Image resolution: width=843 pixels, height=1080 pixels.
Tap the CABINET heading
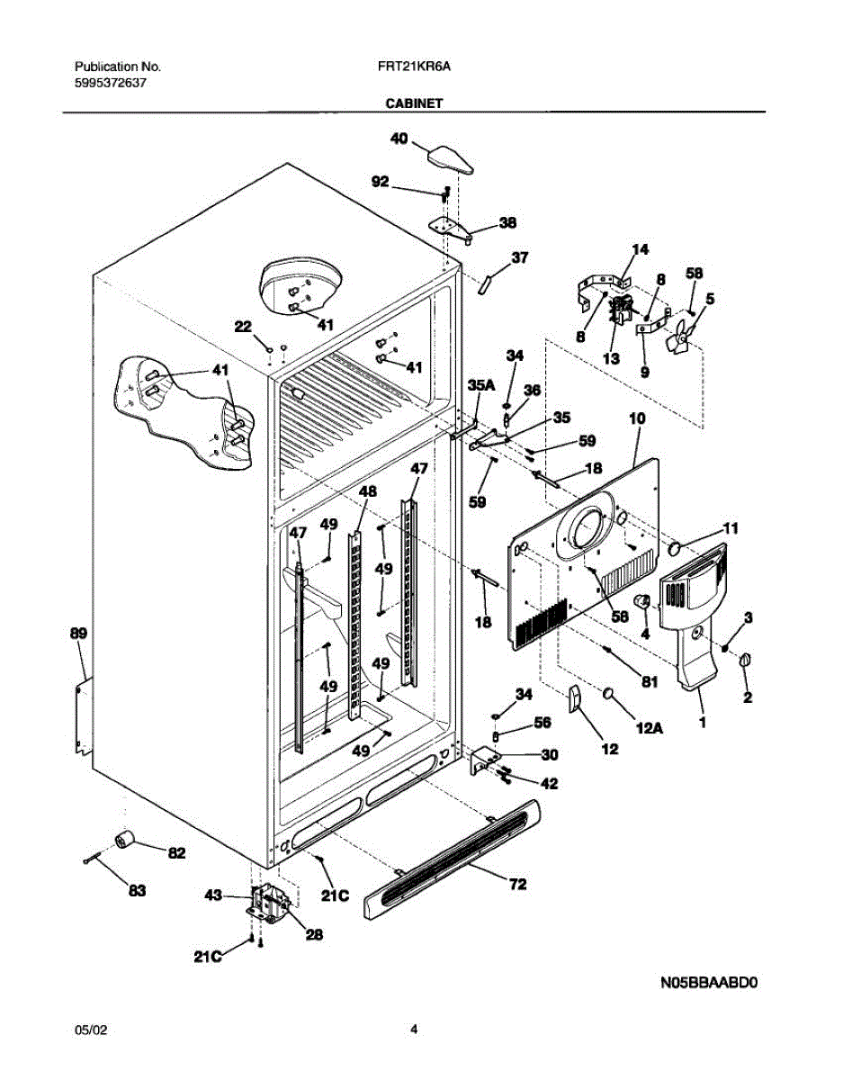(414, 103)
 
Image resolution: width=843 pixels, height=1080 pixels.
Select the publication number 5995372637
(111, 82)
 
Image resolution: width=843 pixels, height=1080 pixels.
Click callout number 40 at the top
(399, 139)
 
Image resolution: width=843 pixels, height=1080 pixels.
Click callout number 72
(517, 885)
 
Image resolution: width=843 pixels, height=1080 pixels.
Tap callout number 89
(78, 634)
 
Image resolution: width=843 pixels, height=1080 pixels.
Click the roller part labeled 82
(123, 841)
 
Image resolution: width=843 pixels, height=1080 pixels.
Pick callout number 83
(136, 891)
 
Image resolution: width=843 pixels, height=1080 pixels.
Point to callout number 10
(637, 419)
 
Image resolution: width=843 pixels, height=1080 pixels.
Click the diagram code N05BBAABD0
(711, 984)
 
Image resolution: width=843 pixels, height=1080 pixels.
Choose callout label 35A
(481, 384)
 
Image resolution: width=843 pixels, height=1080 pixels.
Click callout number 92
(380, 183)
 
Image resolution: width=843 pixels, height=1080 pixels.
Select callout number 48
(367, 492)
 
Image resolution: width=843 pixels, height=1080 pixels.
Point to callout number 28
(313, 935)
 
